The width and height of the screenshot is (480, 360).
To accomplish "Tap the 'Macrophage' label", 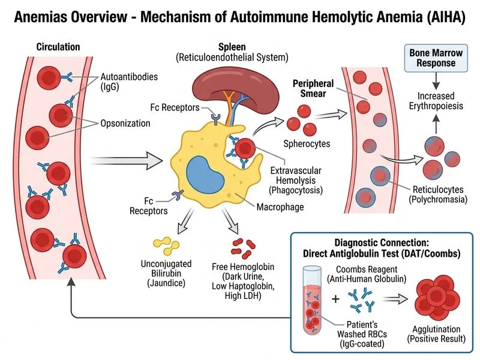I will (277, 207).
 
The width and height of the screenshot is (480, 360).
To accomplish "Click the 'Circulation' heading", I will (58, 47).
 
